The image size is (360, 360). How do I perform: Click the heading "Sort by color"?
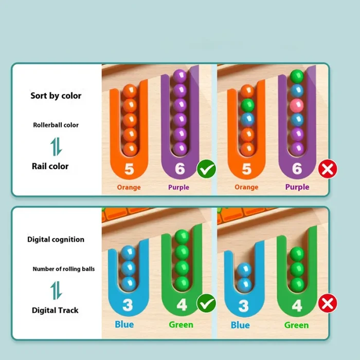pyautogui.click(x=56, y=96)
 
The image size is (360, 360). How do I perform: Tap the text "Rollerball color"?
pyautogui.click(x=56, y=125)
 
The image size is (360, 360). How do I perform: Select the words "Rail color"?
pyautogui.click(x=50, y=166)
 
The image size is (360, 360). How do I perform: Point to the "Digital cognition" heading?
pyautogui.click(x=56, y=240)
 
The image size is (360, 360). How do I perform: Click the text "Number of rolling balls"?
pyautogui.click(x=64, y=269)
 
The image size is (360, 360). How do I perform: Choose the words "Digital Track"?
pyautogui.click(x=55, y=311)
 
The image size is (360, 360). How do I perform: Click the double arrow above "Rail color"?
pyautogui.click(x=56, y=147)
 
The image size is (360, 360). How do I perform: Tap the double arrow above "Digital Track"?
pyautogui.click(x=56, y=291)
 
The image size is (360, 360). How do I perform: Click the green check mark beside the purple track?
pyautogui.click(x=206, y=169)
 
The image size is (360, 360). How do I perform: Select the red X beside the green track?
pyautogui.click(x=328, y=303)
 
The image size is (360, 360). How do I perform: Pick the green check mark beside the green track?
pyautogui.click(x=206, y=303)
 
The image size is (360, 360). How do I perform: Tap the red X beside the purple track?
pyautogui.click(x=328, y=169)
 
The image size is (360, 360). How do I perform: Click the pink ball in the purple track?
pyautogui.click(x=297, y=105)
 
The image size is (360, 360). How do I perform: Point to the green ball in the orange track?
pyautogui.click(x=247, y=105)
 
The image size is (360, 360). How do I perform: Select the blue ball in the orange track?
pyautogui.click(x=247, y=120)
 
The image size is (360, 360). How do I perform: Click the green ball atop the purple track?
pyautogui.click(x=297, y=77)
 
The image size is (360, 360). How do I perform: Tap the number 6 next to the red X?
pyautogui.click(x=297, y=169)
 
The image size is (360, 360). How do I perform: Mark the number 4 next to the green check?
pyautogui.click(x=182, y=305)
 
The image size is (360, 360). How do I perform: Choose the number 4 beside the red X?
pyautogui.click(x=297, y=306)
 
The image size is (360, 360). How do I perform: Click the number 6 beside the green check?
pyautogui.click(x=180, y=169)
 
